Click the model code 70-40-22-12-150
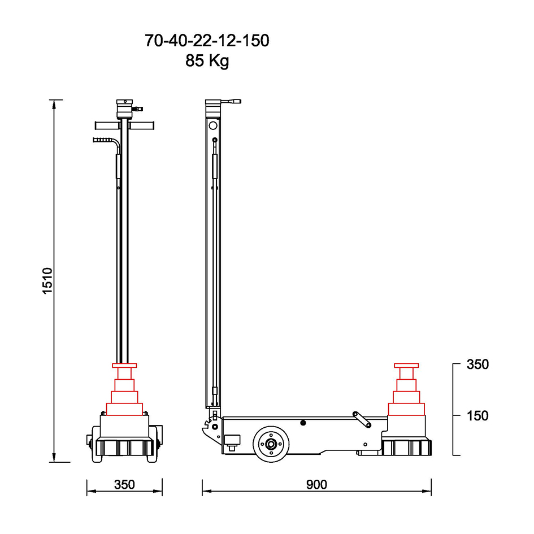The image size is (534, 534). point(207,41)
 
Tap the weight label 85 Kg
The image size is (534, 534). point(207,60)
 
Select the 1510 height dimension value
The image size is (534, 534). point(47,281)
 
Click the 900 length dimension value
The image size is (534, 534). point(316,484)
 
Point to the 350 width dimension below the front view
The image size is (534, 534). point(124,484)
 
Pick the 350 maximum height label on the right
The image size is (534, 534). point(477,364)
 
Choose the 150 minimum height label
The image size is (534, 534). point(477,416)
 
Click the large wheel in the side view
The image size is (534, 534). point(271,444)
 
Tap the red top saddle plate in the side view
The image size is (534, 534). point(406,366)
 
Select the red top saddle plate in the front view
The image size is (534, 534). point(124,366)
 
